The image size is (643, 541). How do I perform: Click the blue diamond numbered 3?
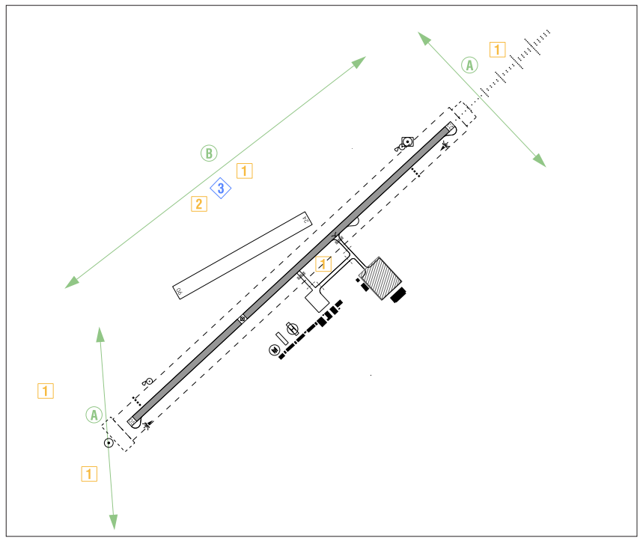point(221,189)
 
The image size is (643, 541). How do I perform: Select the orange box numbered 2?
point(198,204)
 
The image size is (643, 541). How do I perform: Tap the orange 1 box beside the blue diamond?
point(245,171)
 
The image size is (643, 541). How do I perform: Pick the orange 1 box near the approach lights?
point(497,50)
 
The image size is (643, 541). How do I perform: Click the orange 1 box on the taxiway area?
point(323,263)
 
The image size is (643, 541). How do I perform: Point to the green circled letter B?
point(209,153)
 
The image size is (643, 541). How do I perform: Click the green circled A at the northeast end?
point(469,65)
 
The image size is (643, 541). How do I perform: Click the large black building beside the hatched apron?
point(397,296)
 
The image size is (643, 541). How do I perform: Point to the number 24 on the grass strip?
point(305,220)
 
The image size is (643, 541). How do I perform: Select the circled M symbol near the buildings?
point(275,349)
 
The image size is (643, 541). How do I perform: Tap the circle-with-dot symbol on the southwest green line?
point(109,443)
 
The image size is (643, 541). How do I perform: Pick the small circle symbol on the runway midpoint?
point(243,320)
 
